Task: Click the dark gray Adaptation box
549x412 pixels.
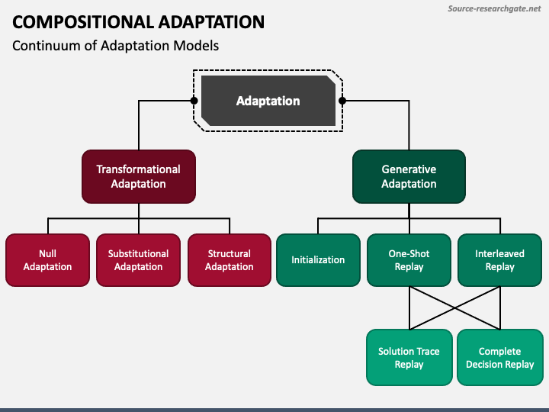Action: [268, 101]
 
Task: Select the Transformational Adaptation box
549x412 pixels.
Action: [139, 176]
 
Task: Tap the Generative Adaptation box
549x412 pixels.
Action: [409, 176]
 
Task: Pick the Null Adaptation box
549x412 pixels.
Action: [47, 260]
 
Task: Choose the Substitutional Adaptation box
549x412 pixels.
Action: [138, 260]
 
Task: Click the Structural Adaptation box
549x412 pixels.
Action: [230, 260]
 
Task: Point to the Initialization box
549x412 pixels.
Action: [318, 260]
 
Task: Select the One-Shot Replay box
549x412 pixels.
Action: [409, 260]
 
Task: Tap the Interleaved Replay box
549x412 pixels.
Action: [499, 260]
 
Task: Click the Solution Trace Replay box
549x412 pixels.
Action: [409, 357]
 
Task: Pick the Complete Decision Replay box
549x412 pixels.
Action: [500, 357]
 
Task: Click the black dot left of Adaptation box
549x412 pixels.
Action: [194, 101]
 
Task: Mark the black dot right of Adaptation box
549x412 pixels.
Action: [342, 101]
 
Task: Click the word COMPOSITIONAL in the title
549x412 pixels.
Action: [83, 22]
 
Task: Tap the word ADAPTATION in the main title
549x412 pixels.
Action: [211, 22]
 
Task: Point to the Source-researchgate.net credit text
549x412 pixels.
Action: [494, 8]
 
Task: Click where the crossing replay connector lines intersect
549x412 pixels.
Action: [454, 308]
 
